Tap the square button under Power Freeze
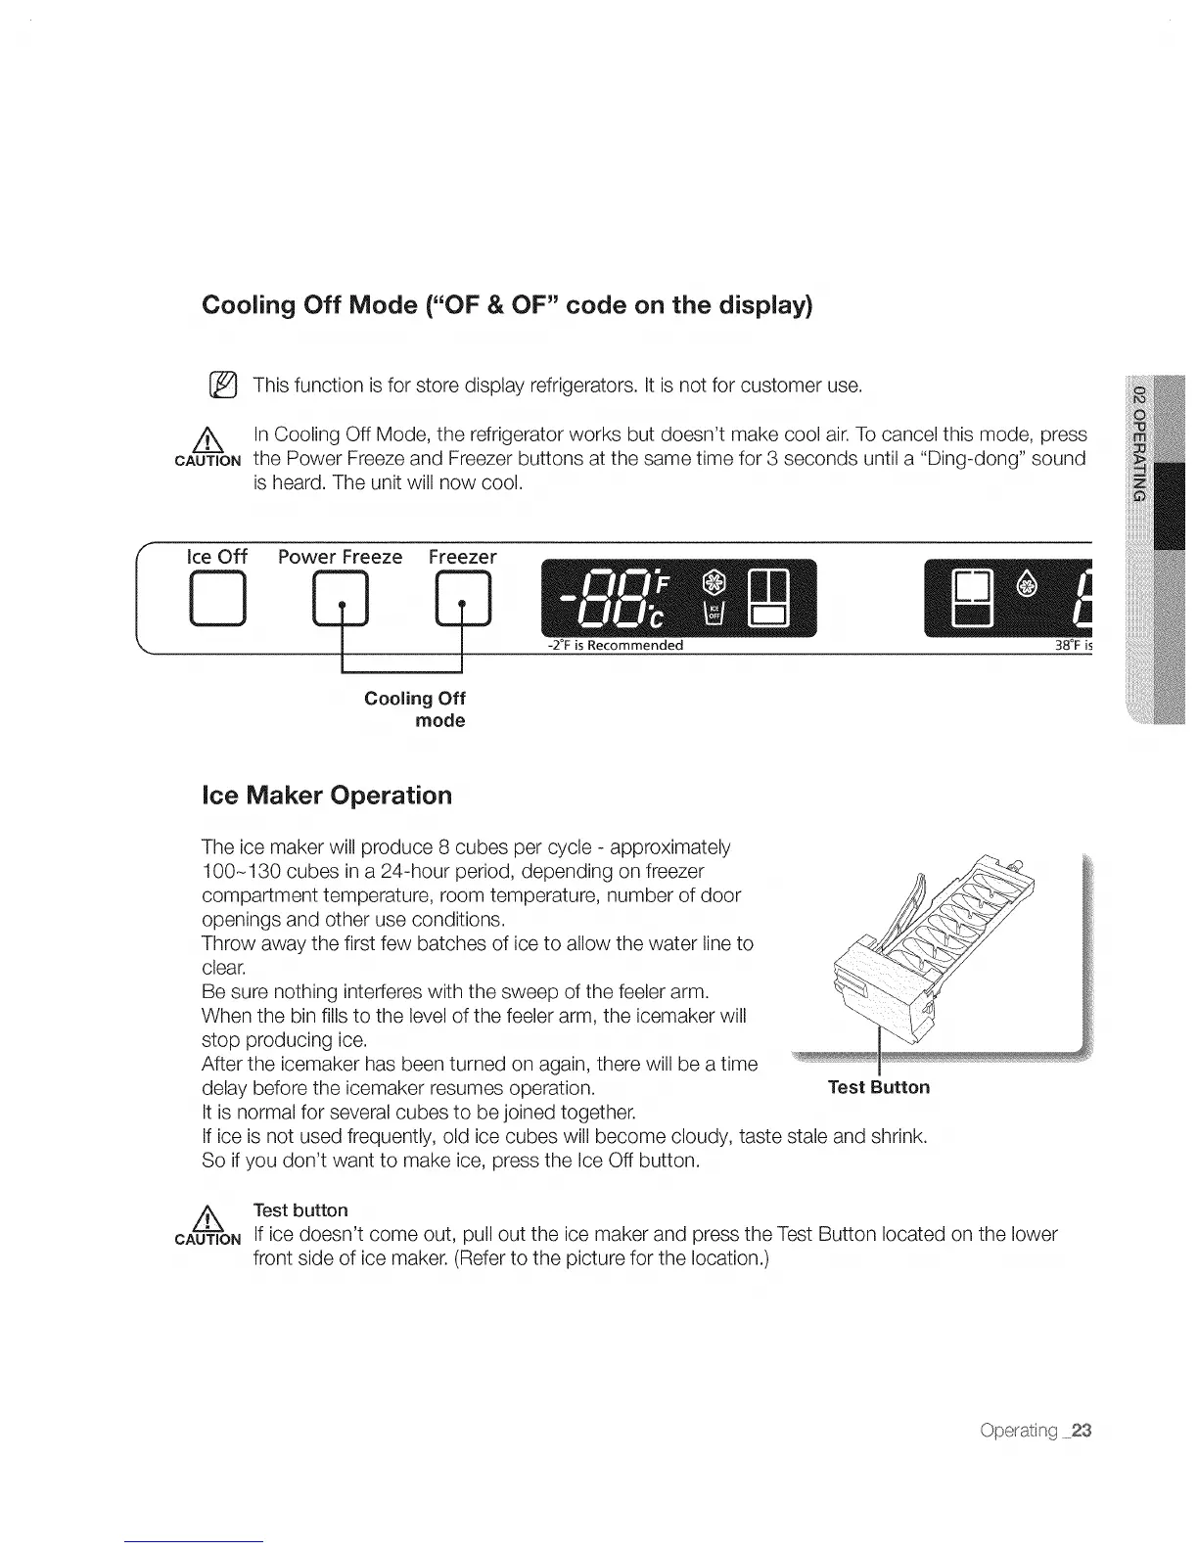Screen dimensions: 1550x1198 [x=341, y=601]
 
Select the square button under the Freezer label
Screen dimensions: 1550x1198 [x=463, y=601]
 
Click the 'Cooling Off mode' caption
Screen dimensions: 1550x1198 [x=415, y=709]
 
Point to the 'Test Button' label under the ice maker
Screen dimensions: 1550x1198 [x=878, y=1087]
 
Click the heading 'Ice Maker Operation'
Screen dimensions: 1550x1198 [x=326, y=795]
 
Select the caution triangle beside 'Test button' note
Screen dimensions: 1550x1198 [x=207, y=1218]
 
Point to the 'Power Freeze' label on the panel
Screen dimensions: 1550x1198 [x=340, y=557]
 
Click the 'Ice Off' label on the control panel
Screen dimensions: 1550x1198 [x=216, y=557]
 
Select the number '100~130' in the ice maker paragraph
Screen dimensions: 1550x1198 [x=238, y=871]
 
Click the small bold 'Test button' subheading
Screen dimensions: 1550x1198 [x=300, y=1210]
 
